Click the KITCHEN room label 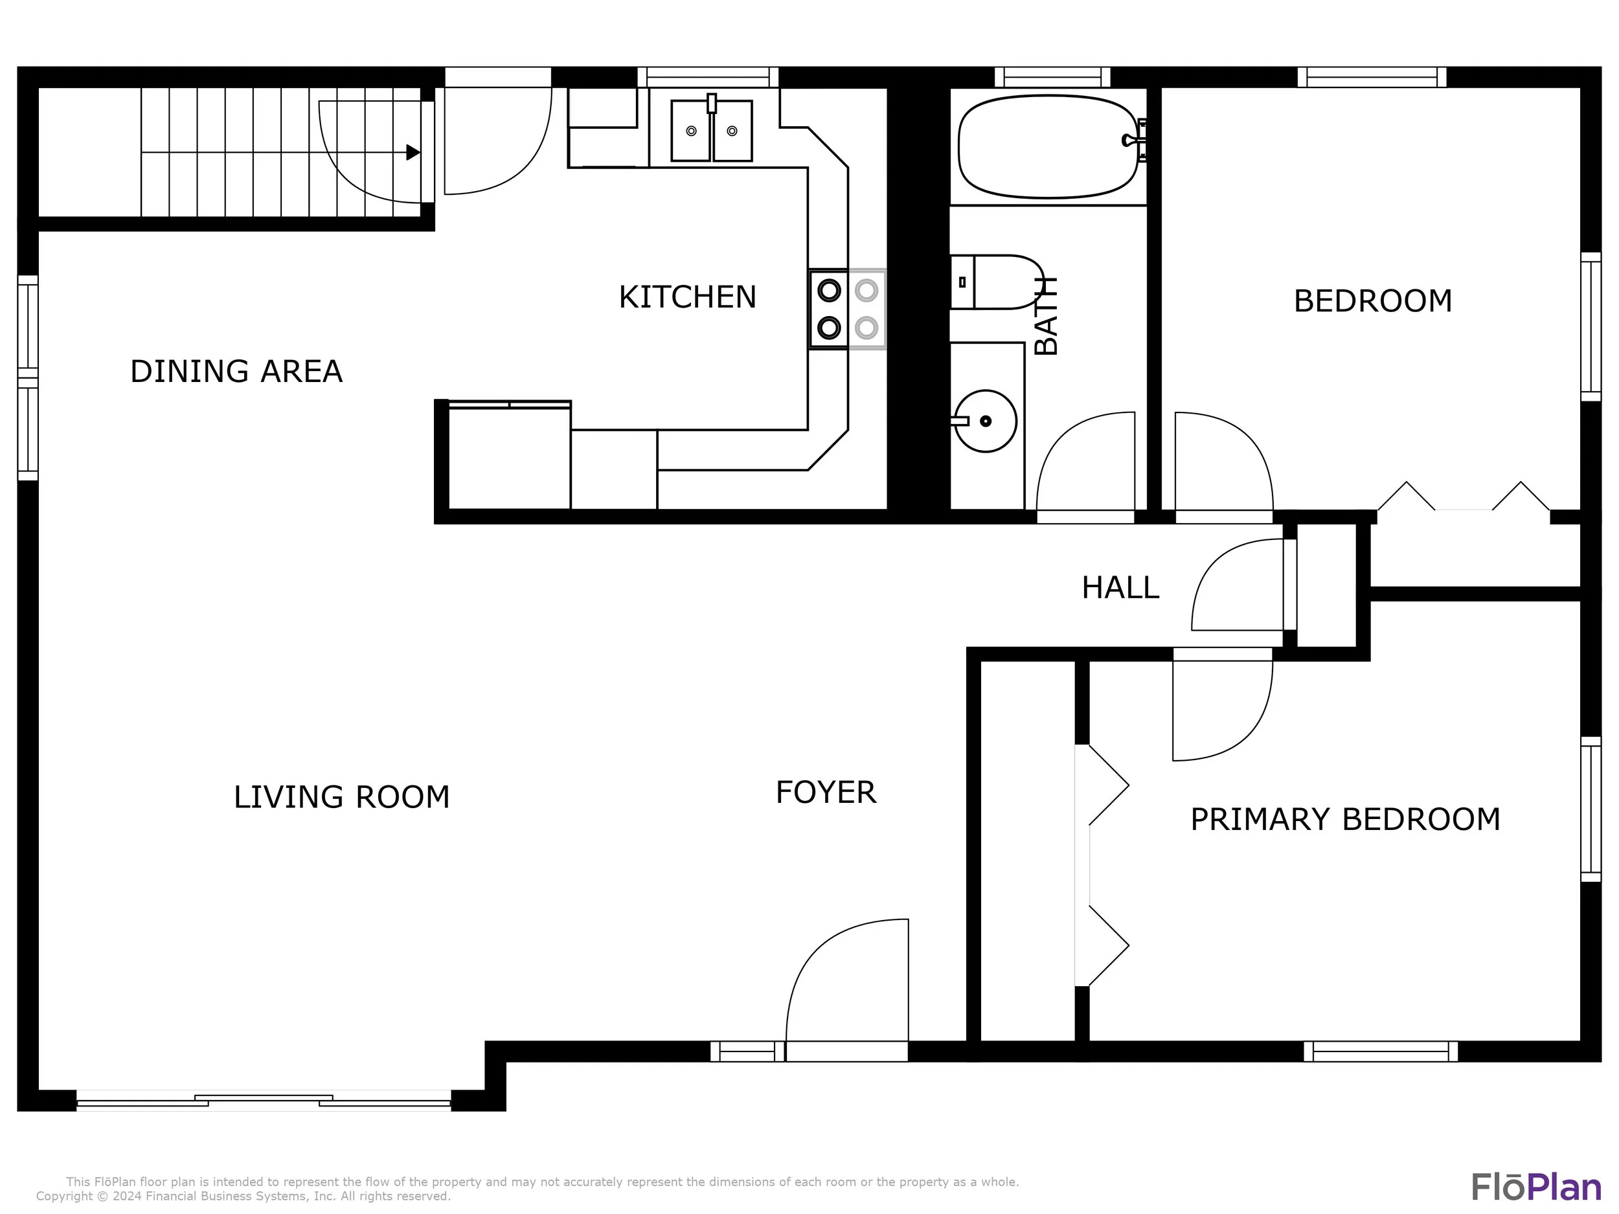tap(687, 297)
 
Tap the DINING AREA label tap(236, 372)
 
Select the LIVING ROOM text tap(342, 797)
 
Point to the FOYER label tap(826, 792)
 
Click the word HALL tap(1120, 588)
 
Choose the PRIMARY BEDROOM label tap(1345, 820)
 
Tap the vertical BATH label tap(1047, 315)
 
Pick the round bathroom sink tap(985, 421)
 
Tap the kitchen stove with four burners tap(847, 309)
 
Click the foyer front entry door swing tap(847, 979)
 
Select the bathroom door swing tap(1085, 461)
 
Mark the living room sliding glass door tap(264, 1100)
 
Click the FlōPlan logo tap(1536, 1187)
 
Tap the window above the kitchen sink tap(708, 78)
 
